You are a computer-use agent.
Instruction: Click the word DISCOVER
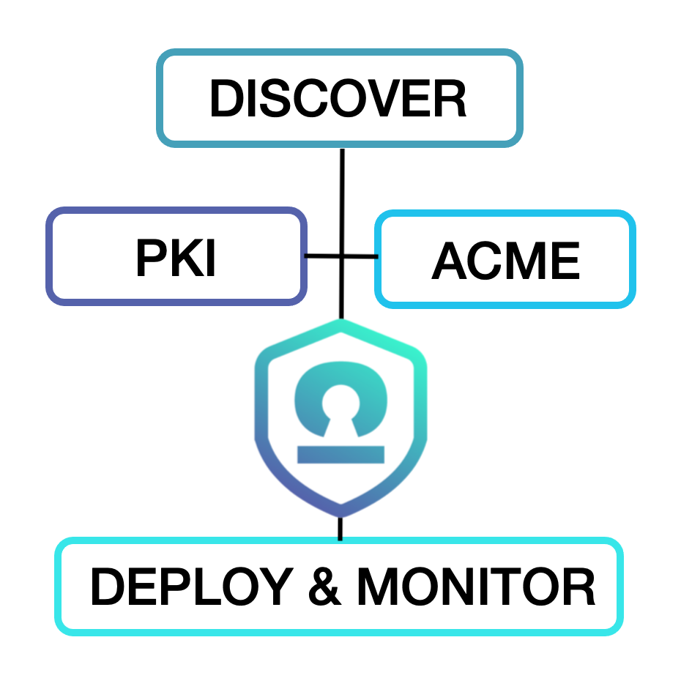pos(338,99)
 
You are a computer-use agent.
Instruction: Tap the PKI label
pos(176,258)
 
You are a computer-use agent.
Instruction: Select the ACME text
pos(506,261)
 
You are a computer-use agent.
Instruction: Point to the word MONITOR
pos(476,587)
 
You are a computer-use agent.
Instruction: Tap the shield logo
pos(340,417)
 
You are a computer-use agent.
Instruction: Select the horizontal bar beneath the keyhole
pos(340,454)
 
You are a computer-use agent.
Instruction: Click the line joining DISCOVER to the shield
pos(341,198)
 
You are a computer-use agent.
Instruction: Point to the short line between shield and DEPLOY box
pos(340,527)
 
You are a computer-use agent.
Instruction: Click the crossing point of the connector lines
pos(341,256)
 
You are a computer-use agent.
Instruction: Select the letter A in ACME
pos(448,261)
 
